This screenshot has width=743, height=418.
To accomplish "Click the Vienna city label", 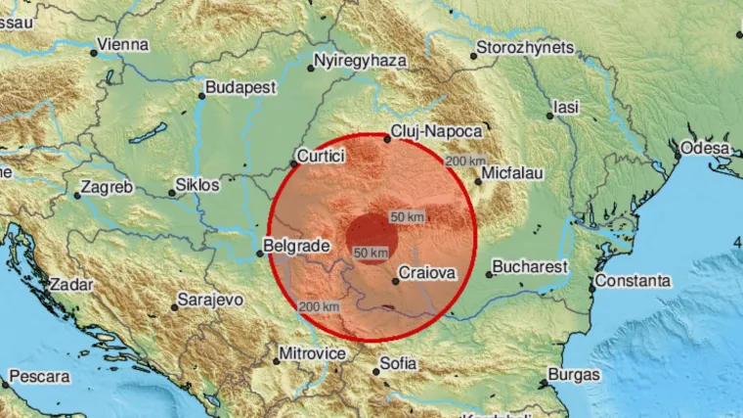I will coord(123,44).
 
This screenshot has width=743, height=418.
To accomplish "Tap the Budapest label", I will coord(240,87).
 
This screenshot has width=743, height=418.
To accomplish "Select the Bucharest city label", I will coord(530,265).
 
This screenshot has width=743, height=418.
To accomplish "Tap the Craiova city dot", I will coord(395,282).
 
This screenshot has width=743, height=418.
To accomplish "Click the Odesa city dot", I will coord(677,155).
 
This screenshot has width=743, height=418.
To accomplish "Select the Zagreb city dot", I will coord(77,194).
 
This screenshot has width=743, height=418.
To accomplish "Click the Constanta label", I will coord(635,281).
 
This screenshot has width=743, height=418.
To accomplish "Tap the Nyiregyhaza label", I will coord(359,61).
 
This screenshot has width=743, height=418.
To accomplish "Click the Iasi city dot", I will coord(549,116).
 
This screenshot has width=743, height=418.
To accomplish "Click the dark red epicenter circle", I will coord(373,238).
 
